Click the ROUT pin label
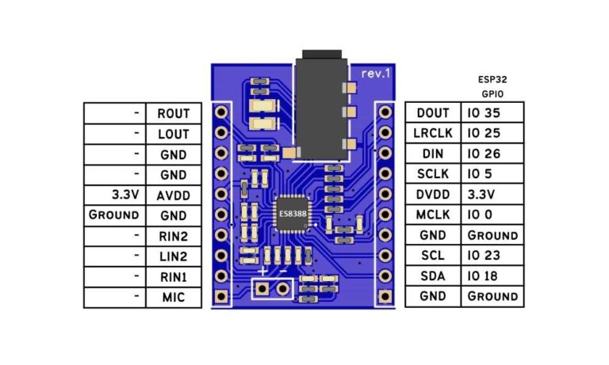(174, 113)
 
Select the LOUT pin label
(174, 134)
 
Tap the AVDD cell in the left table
(174, 195)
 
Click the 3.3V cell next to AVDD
(116, 195)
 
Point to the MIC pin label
(174, 298)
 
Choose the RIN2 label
(174, 236)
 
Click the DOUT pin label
(432, 113)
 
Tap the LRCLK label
(432, 134)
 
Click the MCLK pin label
(432, 215)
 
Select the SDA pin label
(432, 276)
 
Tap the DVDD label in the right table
(432, 195)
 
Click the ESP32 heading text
(492, 80)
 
